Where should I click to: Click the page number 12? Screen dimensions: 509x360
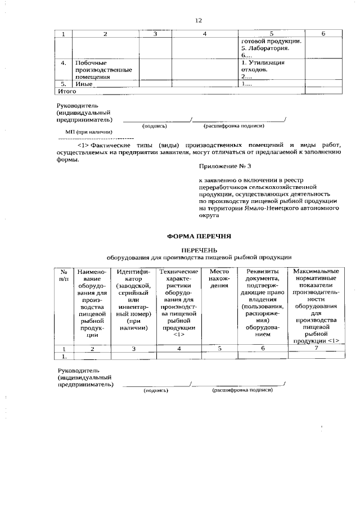click(198, 20)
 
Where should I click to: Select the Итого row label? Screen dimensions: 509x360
click(67, 91)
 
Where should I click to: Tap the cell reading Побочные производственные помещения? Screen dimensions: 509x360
click(103, 70)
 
